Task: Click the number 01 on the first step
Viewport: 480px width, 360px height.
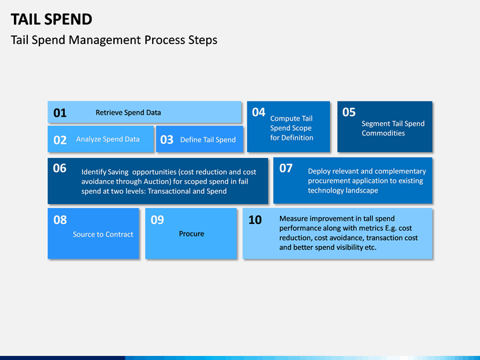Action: (x=60, y=113)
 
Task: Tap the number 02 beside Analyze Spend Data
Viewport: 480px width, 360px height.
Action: (x=60, y=140)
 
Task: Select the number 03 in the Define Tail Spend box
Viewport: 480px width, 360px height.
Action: (x=167, y=140)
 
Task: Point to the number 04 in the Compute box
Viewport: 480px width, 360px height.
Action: (x=259, y=113)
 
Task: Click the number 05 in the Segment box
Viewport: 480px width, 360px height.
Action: (x=349, y=113)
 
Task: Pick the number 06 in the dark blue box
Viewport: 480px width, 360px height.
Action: (x=60, y=168)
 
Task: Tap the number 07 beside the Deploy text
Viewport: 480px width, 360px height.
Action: (x=286, y=168)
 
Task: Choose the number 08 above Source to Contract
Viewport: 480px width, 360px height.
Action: (x=60, y=220)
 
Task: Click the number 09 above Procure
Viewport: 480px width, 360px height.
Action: (x=157, y=220)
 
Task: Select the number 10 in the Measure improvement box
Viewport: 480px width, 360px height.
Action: (x=255, y=220)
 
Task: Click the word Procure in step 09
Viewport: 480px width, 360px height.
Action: (x=191, y=234)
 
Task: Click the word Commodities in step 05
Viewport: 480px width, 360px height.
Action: (x=383, y=133)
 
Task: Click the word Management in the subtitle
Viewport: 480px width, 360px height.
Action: (x=105, y=41)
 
